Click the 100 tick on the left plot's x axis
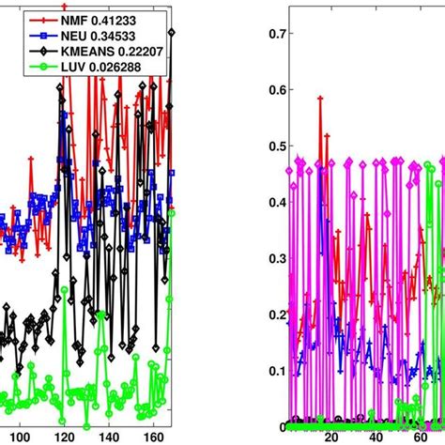tap(22, 436)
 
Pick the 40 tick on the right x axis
tap(376, 436)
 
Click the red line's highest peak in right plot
tap(320, 98)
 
